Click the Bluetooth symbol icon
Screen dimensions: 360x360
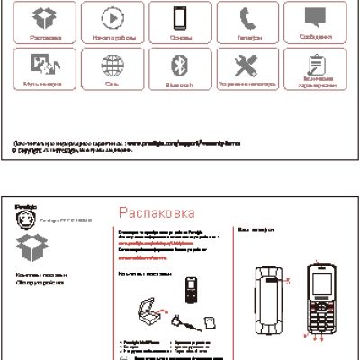tap(178, 65)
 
